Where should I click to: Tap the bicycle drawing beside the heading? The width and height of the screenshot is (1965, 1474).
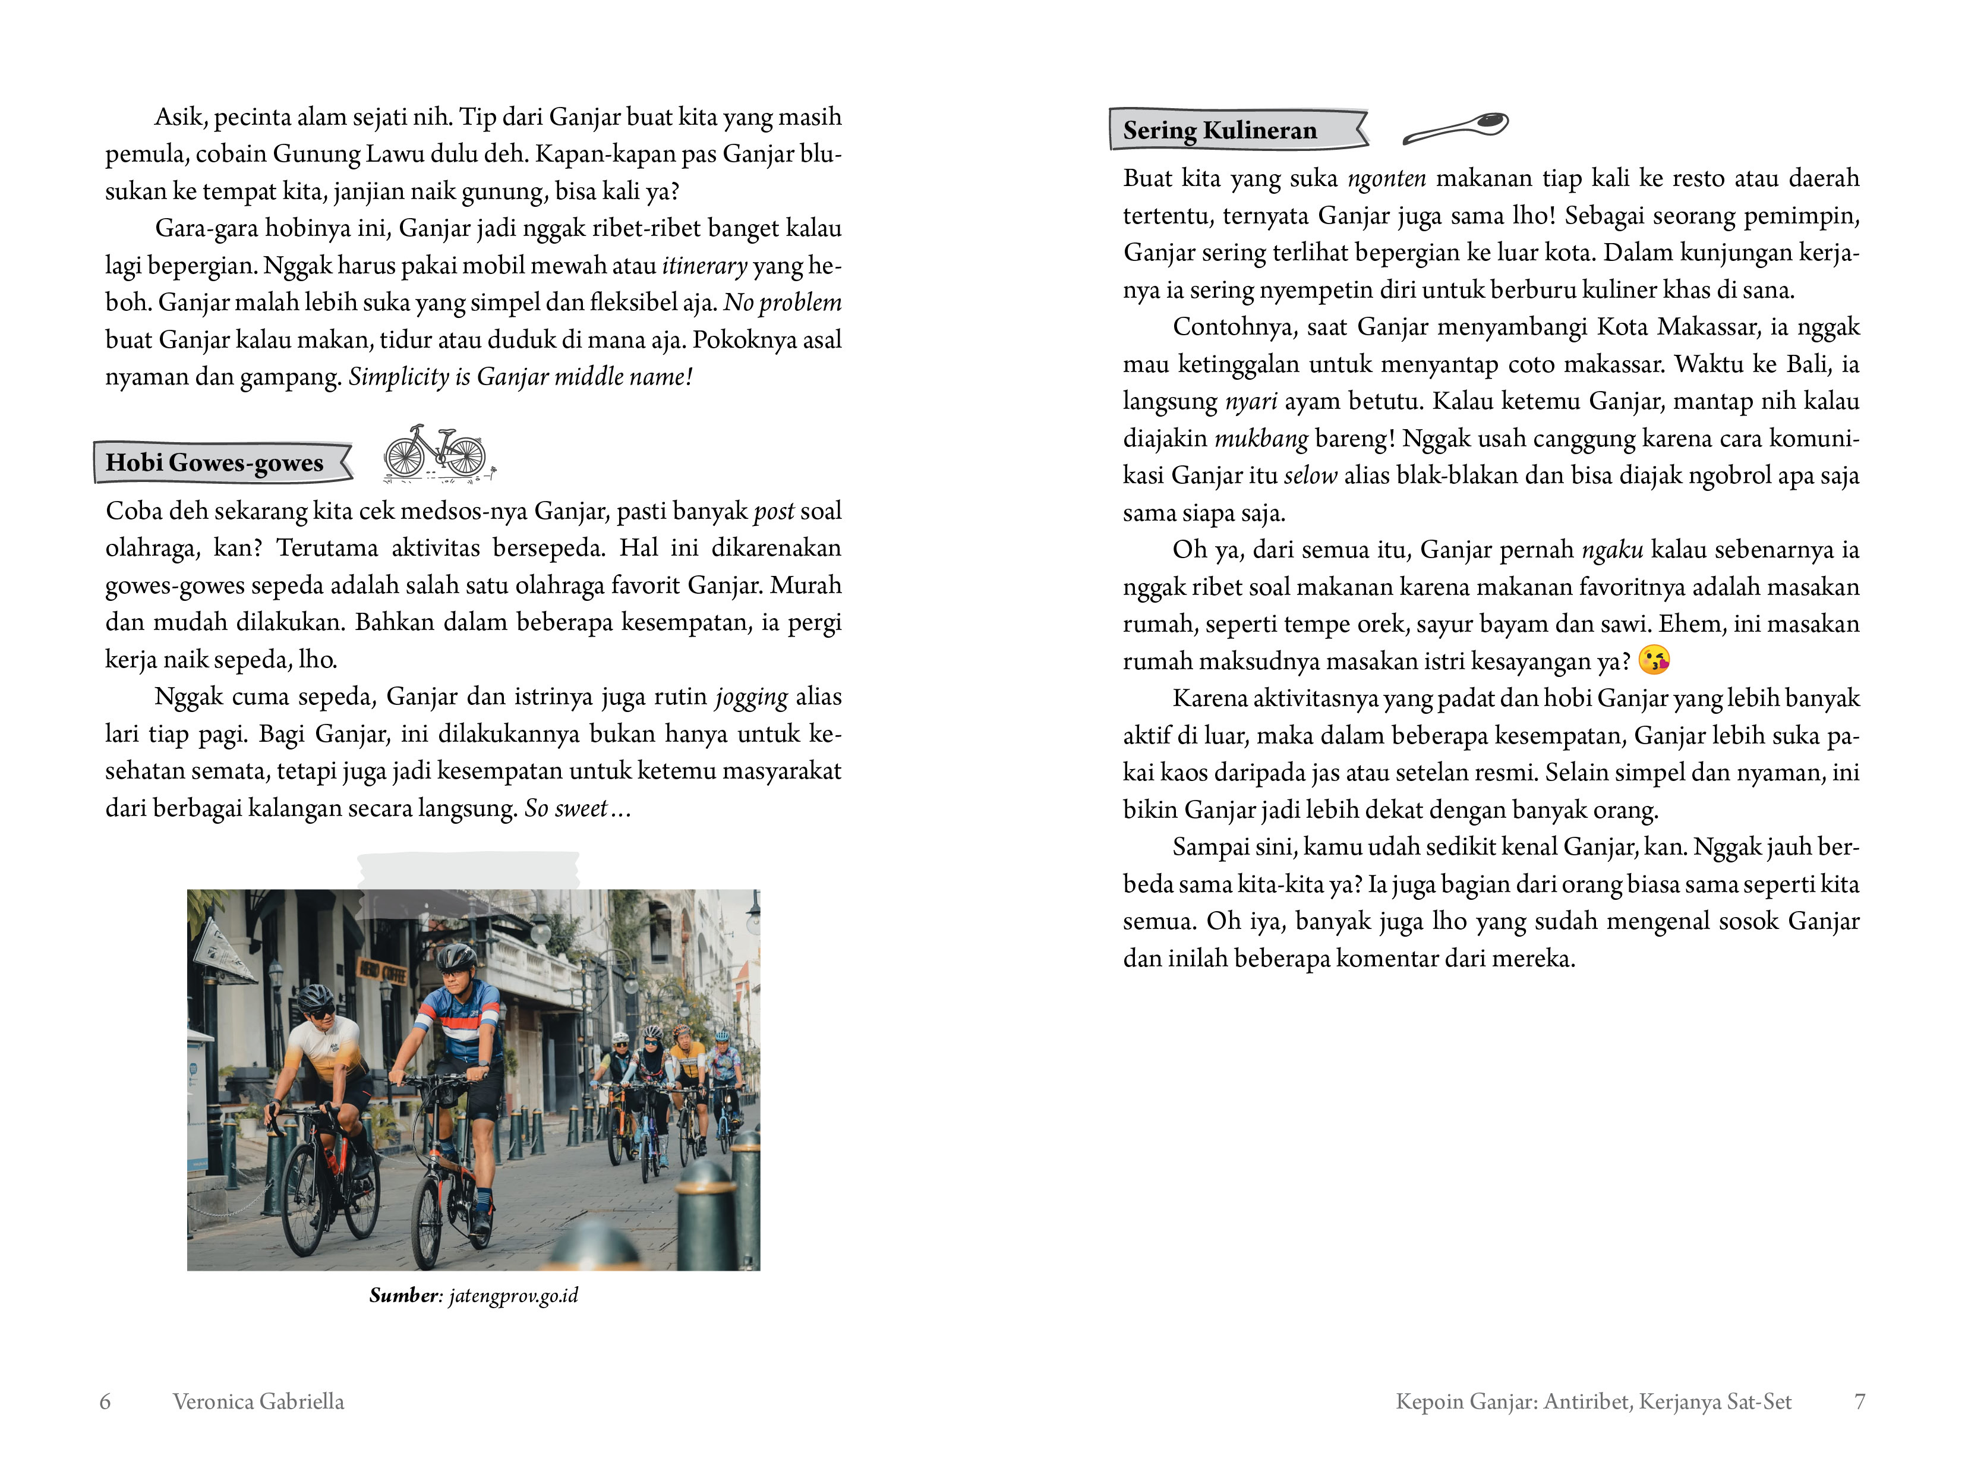coord(436,453)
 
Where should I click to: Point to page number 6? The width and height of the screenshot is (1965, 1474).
coord(105,1401)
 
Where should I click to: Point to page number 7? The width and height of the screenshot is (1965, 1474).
coord(1859,1401)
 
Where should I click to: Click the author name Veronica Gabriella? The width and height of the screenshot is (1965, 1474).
coord(258,1401)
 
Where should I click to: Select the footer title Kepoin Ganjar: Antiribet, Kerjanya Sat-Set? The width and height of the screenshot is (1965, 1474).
coord(1593,1401)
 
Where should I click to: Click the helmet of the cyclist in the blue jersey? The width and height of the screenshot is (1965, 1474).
coord(456,957)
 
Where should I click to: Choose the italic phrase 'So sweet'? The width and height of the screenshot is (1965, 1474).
coord(566,808)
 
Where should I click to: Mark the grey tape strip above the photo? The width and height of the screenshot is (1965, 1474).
coord(468,871)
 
